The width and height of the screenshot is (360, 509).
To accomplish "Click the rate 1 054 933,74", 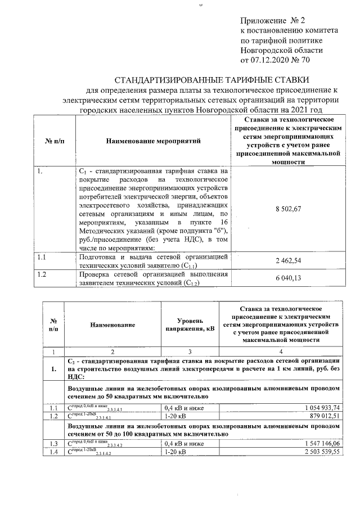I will tap(319, 408).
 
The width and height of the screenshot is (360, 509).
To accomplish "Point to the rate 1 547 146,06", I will tap(319, 444).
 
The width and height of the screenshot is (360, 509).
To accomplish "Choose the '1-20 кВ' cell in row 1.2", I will tap(175, 416).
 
